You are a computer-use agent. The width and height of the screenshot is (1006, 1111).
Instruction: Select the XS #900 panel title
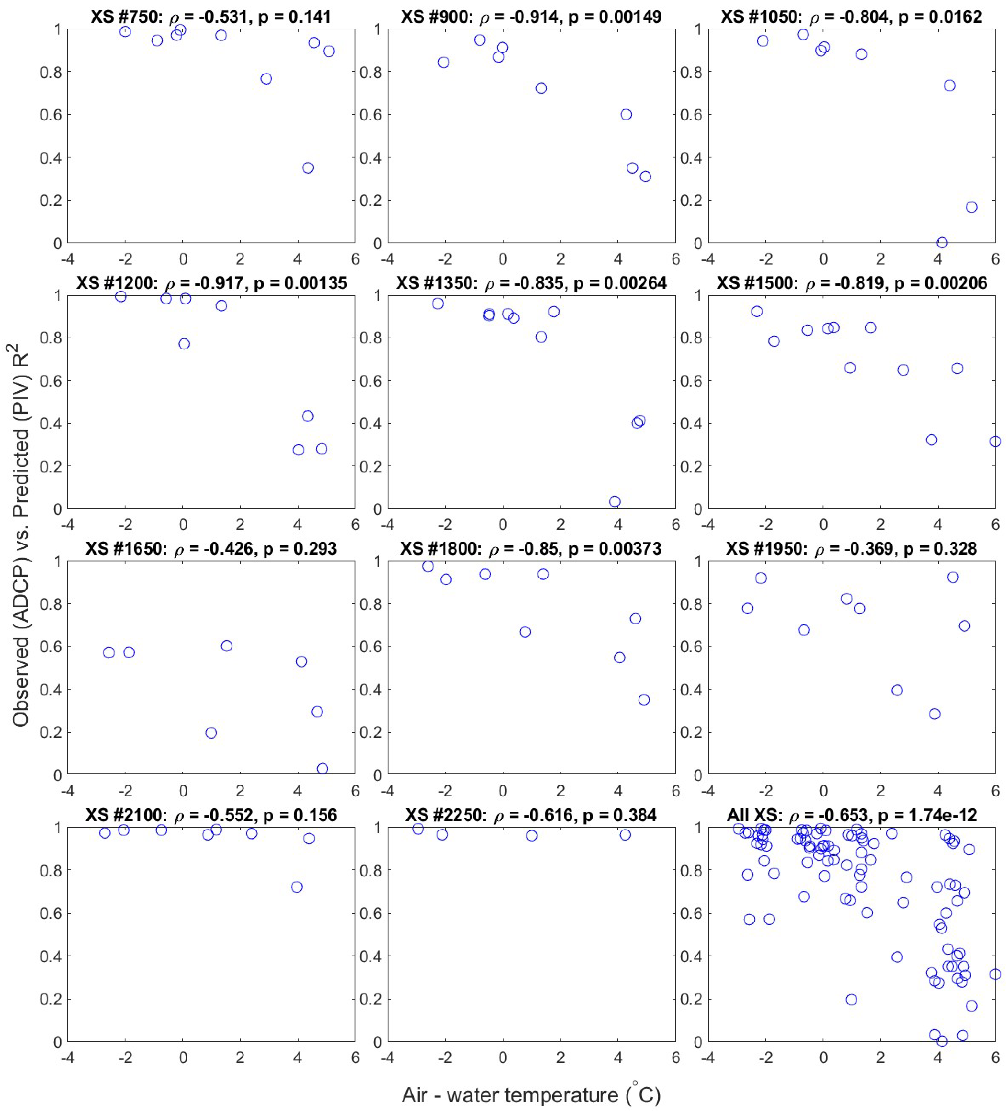point(531,17)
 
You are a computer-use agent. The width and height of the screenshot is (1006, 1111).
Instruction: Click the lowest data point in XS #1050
point(942,243)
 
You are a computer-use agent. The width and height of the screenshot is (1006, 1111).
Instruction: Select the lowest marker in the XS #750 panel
point(308,167)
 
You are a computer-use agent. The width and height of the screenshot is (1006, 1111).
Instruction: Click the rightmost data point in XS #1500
point(995,441)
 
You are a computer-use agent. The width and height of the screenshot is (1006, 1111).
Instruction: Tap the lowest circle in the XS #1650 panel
point(322,769)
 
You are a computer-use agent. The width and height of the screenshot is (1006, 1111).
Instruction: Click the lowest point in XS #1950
point(934,714)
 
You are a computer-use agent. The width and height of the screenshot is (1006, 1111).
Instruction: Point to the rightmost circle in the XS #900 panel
point(645,176)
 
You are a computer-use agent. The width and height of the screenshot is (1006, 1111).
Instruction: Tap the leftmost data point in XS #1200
point(121,296)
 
